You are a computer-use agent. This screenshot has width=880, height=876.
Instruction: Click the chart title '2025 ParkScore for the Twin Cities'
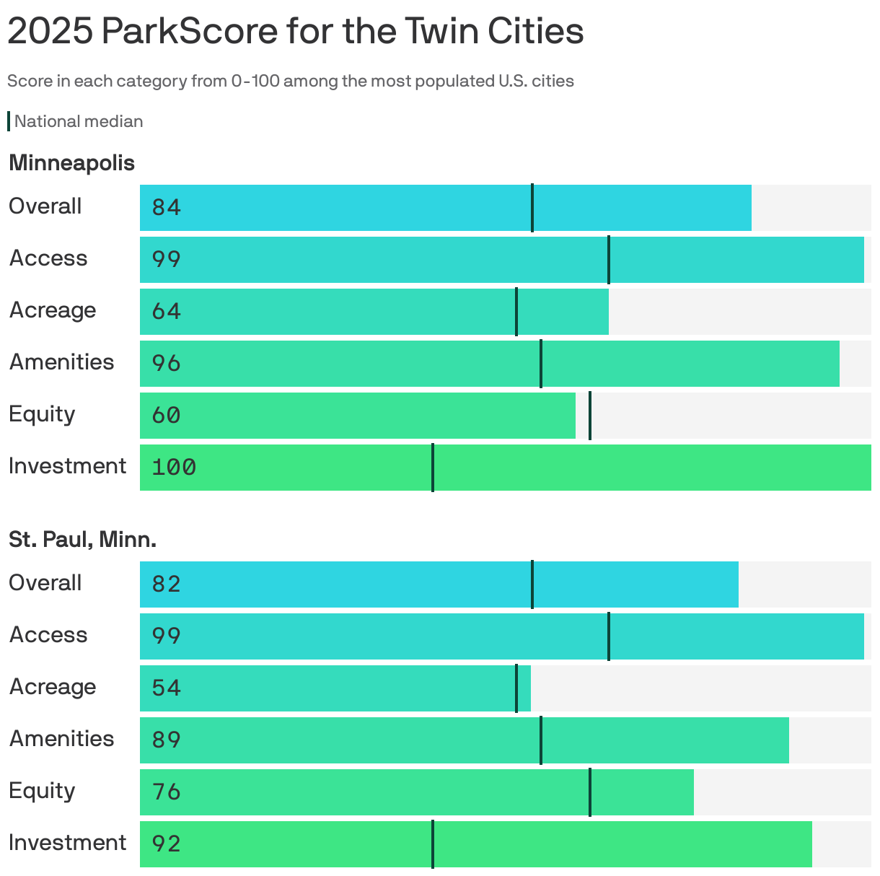[295, 31]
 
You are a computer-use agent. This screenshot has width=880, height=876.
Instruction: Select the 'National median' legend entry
[78, 121]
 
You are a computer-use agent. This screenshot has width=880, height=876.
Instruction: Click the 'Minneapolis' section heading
[71, 163]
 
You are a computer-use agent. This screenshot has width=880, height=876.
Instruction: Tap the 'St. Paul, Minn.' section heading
[82, 539]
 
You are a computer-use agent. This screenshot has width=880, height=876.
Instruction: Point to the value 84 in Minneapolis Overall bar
[166, 208]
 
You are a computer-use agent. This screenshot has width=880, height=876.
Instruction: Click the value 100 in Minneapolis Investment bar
[174, 468]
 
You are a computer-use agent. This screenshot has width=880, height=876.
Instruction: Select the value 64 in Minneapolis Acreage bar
[166, 312]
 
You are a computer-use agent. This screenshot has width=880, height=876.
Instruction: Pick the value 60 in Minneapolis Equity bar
[166, 416]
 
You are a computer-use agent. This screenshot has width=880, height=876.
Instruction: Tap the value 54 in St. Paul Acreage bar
[166, 688]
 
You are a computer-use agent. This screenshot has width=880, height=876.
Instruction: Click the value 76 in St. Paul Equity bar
[166, 792]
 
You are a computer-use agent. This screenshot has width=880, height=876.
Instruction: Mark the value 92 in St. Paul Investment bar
[166, 844]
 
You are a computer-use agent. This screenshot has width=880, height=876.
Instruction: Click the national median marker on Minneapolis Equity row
[590, 416]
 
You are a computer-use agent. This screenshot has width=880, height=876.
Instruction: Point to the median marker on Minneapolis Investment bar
[433, 468]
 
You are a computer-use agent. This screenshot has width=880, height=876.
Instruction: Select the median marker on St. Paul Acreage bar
[516, 688]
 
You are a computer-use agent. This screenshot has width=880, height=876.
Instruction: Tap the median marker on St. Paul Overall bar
[532, 584]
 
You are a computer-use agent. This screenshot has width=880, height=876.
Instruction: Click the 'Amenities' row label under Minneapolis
[61, 362]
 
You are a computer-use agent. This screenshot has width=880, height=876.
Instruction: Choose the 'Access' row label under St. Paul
[48, 635]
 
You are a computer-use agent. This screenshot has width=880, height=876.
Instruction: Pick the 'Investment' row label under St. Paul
[67, 843]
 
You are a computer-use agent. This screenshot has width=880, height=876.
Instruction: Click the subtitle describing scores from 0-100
[290, 81]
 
